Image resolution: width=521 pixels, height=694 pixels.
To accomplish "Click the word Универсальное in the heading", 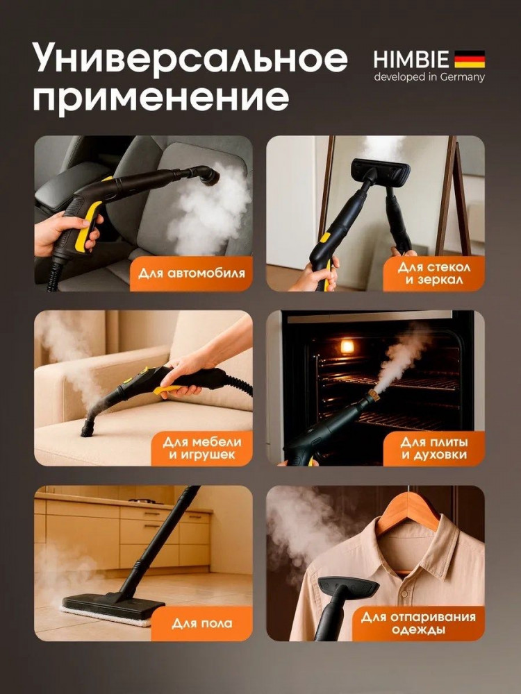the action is (x=190, y=59).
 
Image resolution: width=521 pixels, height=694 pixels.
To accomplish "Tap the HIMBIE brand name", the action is (x=411, y=59).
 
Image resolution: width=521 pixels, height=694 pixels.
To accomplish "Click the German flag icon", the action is (x=470, y=59).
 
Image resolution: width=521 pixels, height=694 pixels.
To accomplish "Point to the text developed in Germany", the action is (x=429, y=77).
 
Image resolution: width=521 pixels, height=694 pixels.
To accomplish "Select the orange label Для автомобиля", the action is (x=192, y=273).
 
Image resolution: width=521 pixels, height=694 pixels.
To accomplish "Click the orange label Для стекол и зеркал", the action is (x=433, y=273).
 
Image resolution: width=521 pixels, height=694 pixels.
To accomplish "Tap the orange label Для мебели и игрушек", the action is (x=202, y=448).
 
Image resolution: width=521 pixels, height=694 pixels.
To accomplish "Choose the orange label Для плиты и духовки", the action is (x=433, y=448).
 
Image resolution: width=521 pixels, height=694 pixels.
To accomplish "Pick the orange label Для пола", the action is (x=202, y=623).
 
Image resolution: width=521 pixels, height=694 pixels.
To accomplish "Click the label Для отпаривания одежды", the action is (x=418, y=623).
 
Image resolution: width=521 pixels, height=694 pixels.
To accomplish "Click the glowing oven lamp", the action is (x=347, y=346).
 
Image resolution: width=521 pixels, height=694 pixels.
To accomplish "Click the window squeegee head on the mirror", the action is (x=381, y=171).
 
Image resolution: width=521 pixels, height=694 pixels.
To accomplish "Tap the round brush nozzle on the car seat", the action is (x=210, y=176).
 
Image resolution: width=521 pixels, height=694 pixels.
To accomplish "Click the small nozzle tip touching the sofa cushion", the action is (x=88, y=429).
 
